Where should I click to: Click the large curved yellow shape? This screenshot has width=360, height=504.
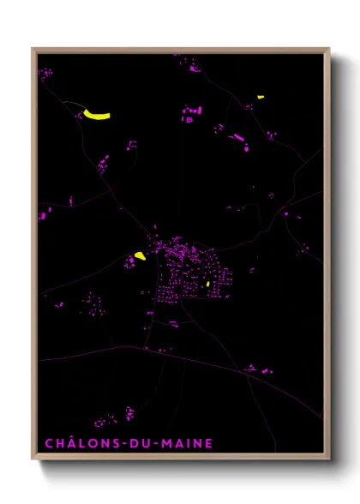point(97,115)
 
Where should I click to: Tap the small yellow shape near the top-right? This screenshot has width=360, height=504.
point(261,97)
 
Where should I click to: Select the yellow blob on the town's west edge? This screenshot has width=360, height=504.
point(139,255)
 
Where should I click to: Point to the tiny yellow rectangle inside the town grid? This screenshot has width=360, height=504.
point(208,283)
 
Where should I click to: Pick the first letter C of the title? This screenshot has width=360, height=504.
point(48,443)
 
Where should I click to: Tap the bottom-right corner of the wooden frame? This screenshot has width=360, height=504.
point(328,459)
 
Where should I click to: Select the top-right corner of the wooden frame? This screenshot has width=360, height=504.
point(328,49)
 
